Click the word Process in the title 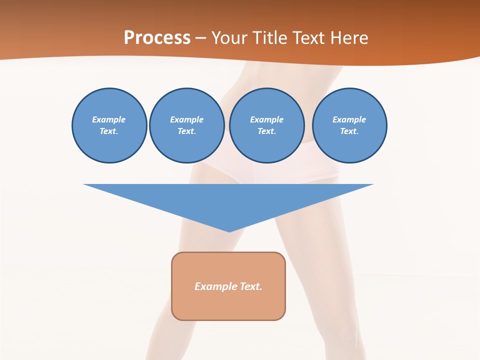coord(157,37)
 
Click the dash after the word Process coord(200,38)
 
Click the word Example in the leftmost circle coord(109,119)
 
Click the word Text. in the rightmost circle coord(349,131)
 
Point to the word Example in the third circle coord(266,119)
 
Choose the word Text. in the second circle coord(186,131)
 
